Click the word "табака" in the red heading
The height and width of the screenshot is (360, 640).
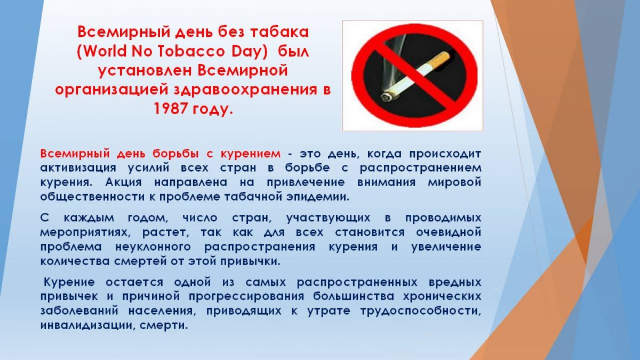(x=279, y=32)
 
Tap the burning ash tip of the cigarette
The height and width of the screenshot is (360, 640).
(x=386, y=97)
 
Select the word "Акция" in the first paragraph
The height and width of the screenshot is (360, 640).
(x=123, y=182)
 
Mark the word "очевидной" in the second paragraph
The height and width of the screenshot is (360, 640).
(x=449, y=232)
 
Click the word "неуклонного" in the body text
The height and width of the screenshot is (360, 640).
(x=153, y=247)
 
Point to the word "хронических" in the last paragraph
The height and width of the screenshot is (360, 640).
(x=442, y=297)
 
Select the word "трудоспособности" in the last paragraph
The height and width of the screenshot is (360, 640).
(x=421, y=311)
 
